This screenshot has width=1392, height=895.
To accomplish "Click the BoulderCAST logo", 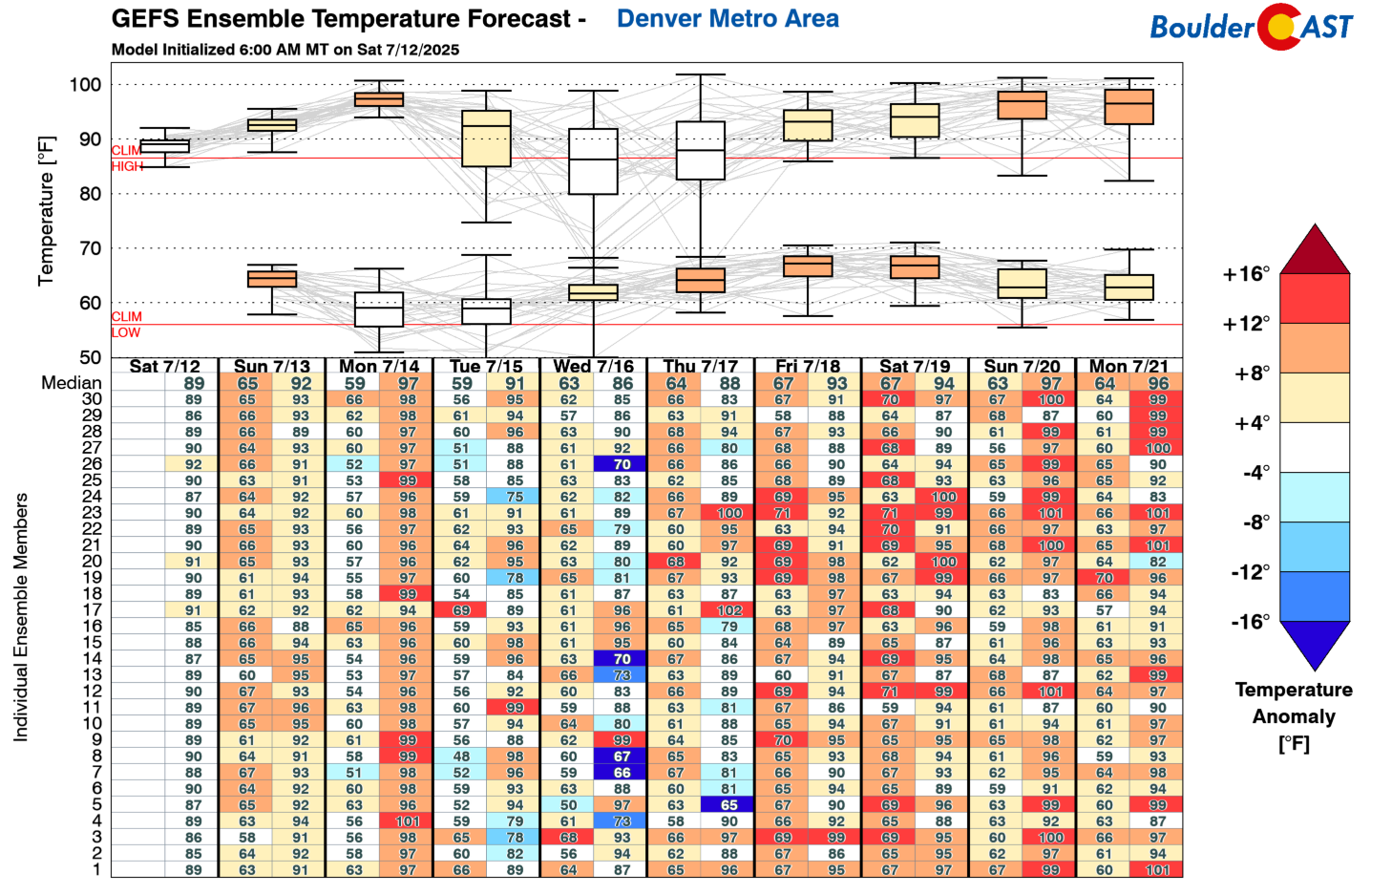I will [1251, 27].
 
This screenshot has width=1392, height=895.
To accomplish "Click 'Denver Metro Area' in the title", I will [728, 18].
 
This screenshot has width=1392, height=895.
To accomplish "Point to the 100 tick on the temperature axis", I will [85, 85].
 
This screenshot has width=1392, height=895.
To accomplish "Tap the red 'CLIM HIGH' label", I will [127, 159].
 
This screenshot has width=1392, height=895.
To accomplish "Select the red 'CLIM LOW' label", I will [126, 325].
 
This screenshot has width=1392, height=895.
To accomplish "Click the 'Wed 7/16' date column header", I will [593, 366].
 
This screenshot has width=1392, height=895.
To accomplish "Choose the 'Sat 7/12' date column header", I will [164, 366].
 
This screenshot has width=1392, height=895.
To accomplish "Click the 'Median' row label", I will [71, 383].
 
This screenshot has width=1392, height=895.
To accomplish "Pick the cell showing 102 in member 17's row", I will [729, 610].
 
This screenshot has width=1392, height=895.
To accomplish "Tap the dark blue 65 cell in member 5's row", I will [729, 805].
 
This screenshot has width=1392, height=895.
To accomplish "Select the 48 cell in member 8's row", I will [461, 756].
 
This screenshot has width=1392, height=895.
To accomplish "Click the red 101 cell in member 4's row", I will [408, 821].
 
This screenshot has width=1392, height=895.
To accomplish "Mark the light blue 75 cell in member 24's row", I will [515, 497].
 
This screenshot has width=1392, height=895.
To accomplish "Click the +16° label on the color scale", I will [1246, 275].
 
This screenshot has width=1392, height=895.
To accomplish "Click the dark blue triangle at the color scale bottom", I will [1315, 643].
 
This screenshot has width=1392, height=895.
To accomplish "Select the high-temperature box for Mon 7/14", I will [379, 99].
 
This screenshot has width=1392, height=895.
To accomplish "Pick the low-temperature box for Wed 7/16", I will [593, 292].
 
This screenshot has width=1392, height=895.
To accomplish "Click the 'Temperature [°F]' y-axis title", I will [46, 210].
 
